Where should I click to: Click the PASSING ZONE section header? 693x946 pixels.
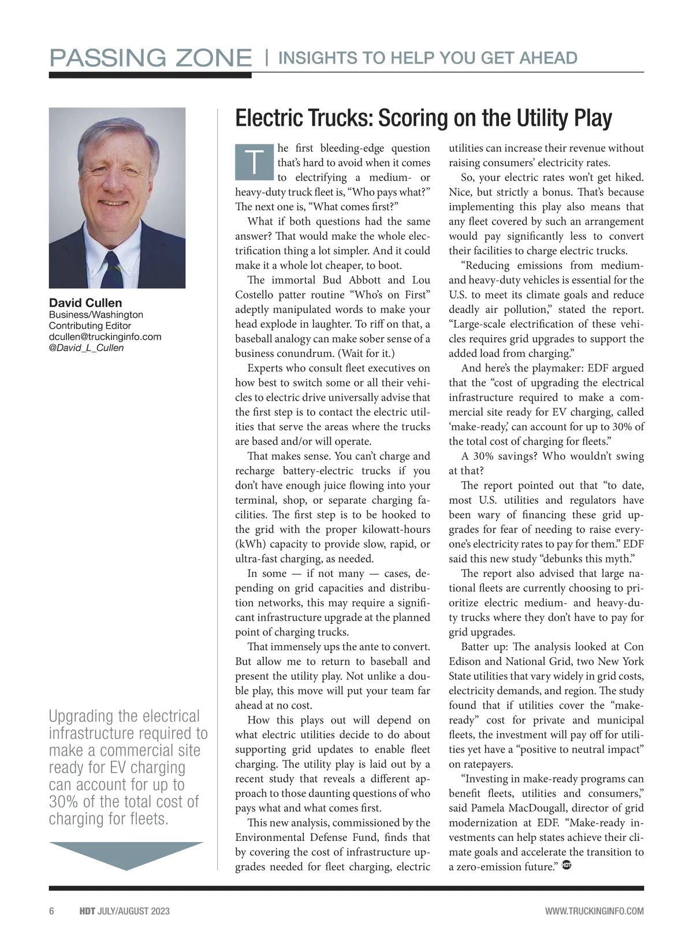(150, 58)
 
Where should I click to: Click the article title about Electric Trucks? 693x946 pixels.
(423, 118)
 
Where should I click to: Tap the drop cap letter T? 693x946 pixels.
(254, 162)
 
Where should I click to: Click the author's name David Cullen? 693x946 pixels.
(85, 303)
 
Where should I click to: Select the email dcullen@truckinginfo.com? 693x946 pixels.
(105, 337)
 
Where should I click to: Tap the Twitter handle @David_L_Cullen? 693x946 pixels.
(86, 348)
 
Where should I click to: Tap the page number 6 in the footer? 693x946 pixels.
(52, 911)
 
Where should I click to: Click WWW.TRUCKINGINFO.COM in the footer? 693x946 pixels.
(594, 911)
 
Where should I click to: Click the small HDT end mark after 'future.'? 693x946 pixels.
(567, 866)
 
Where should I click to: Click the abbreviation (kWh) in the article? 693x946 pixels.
(249, 544)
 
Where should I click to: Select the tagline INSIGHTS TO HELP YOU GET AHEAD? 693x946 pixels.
(427, 58)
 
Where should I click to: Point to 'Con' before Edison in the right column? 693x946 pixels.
(634, 647)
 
